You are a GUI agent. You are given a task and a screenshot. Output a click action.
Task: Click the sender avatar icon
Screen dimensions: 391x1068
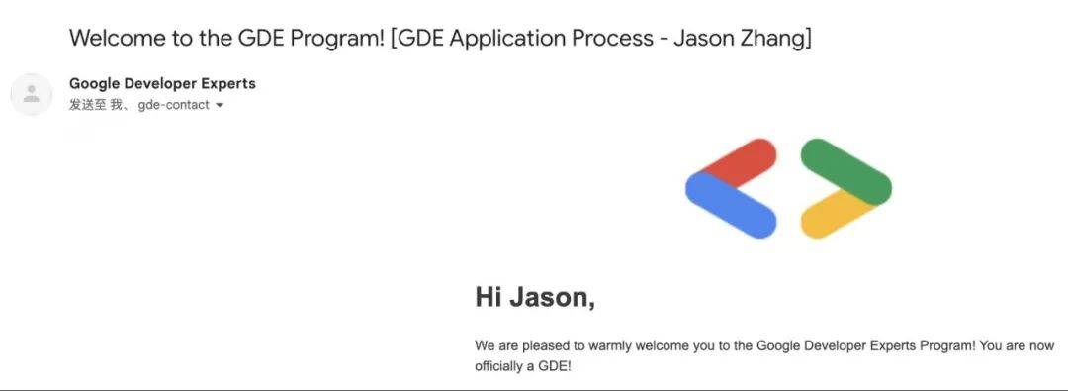click(x=31, y=94)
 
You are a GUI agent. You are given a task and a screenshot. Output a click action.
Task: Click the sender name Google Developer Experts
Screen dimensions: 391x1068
click(x=162, y=84)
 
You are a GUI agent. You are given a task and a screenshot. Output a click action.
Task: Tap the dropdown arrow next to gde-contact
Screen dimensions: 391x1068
click(x=220, y=105)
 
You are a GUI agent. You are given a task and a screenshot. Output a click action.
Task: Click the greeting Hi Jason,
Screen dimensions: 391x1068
click(x=535, y=296)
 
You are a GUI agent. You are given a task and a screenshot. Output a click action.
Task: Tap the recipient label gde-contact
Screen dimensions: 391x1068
click(x=173, y=105)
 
